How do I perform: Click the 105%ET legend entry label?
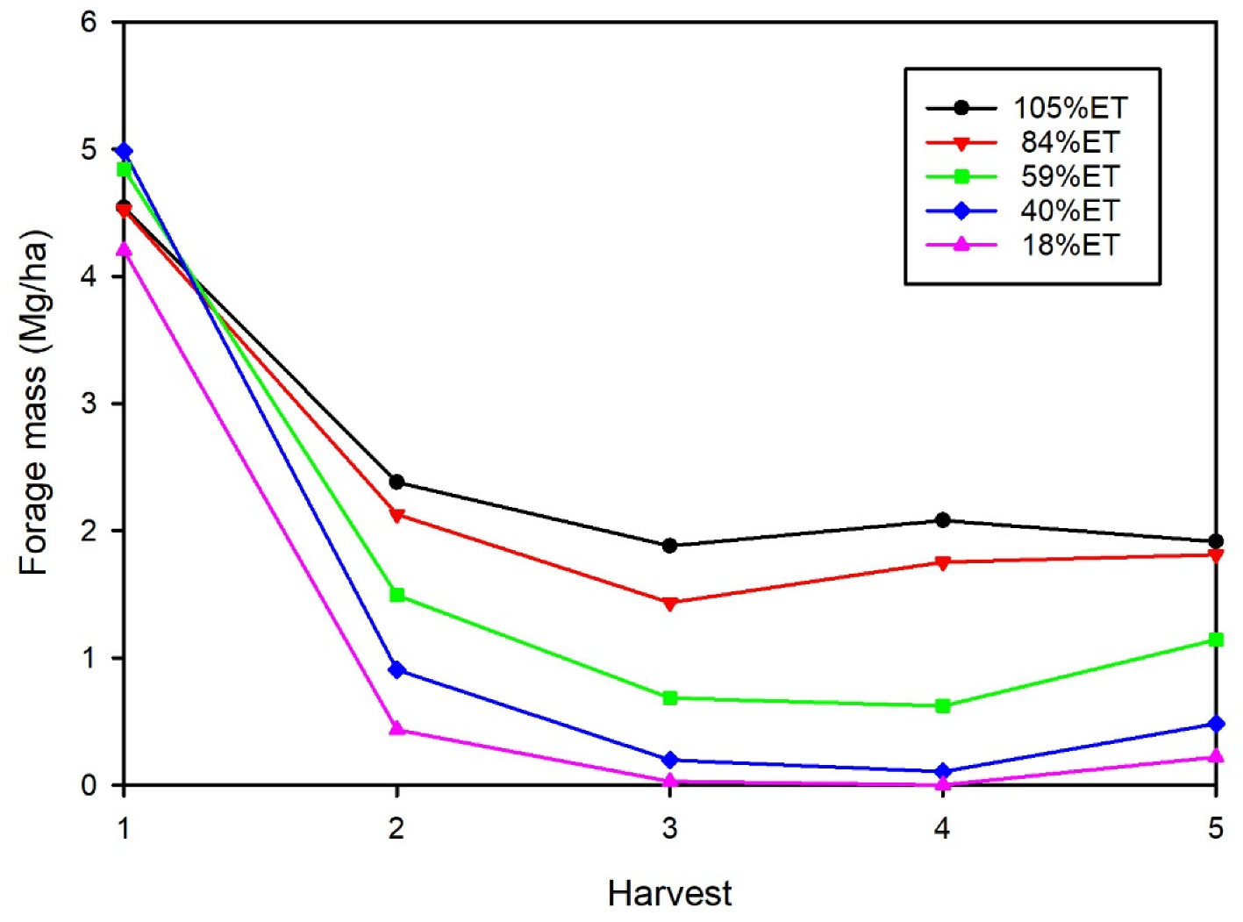(1070, 108)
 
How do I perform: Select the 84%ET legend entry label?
(1070, 142)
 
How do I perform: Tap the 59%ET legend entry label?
(1070, 176)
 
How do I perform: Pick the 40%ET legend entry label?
(1070, 211)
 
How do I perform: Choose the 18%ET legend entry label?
(1070, 245)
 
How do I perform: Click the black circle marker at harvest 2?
(396, 482)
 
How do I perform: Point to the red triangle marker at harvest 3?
(670, 604)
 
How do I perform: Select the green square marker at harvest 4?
(943, 706)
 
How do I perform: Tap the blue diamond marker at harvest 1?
(124, 152)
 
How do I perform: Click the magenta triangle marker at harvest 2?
(396, 728)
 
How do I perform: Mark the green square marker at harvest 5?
(1216, 640)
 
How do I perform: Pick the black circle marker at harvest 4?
(943, 520)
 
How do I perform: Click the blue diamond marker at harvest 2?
(396, 670)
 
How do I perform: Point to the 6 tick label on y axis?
(89, 22)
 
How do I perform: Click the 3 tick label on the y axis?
(89, 404)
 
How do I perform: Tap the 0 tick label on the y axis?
(89, 785)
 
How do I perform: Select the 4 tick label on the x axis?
(942, 828)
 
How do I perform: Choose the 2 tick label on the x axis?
(396, 828)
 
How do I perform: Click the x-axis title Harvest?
(669, 894)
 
